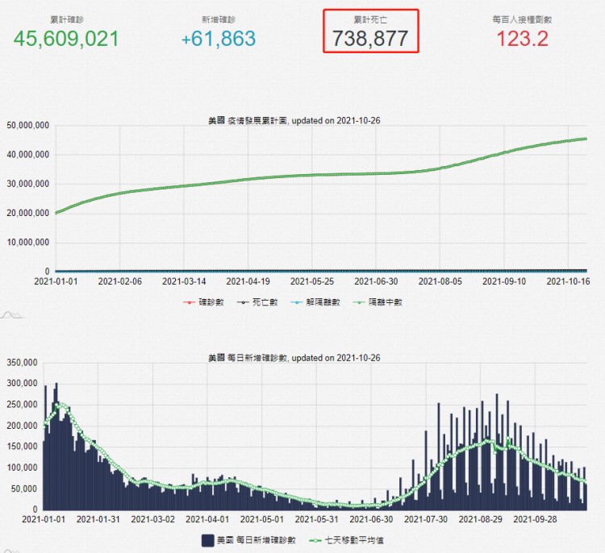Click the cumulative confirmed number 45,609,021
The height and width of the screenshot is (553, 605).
pyautogui.click(x=66, y=38)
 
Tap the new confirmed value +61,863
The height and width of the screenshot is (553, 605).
pyautogui.click(x=218, y=38)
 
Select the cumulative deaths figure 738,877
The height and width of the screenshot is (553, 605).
pyautogui.click(x=370, y=38)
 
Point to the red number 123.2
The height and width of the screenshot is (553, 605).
pyautogui.click(x=522, y=38)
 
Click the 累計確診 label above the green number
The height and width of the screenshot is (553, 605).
pyautogui.click(x=66, y=17)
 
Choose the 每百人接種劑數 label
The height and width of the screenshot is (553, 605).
pyautogui.click(x=522, y=17)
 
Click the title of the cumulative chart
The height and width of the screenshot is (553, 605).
pyautogui.click(x=294, y=120)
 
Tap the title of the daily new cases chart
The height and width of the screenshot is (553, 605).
pyautogui.click(x=294, y=357)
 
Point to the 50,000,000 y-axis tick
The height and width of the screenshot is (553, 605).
pyautogui.click(x=28, y=126)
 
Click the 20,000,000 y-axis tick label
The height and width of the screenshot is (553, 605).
pyautogui.click(x=28, y=214)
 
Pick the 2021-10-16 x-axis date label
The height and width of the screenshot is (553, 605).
pyautogui.click(x=569, y=281)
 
